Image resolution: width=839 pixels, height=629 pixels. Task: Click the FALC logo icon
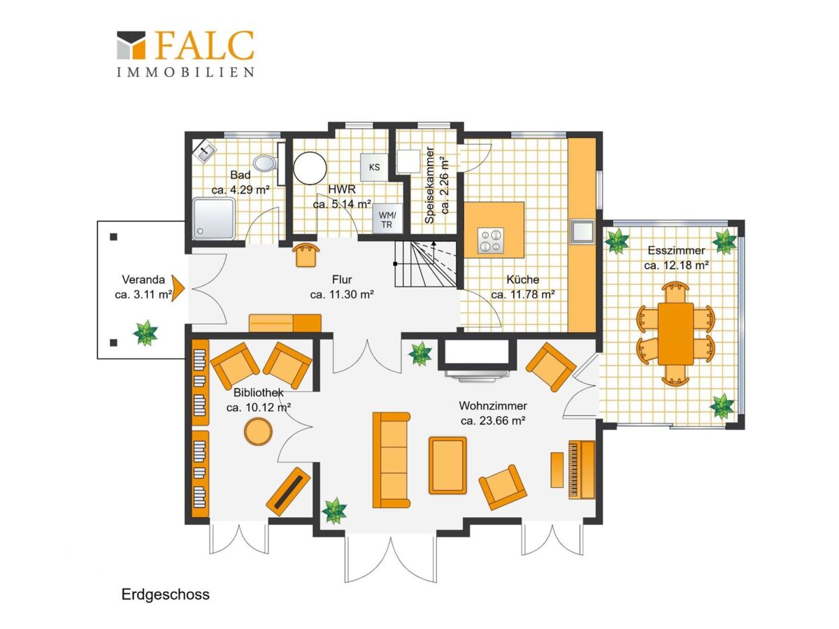131,45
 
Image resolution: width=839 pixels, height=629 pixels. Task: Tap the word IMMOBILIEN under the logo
185,72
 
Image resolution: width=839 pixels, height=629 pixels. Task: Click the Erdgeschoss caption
166,594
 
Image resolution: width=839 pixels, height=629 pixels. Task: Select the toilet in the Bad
265,163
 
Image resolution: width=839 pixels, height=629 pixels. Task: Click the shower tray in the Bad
214,219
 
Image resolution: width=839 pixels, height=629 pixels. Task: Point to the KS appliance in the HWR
375,167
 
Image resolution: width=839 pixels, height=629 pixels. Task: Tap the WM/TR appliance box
387,219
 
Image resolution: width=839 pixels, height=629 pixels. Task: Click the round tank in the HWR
310,168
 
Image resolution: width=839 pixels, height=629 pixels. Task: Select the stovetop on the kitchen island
490,240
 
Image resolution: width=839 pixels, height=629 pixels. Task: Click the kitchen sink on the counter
582,231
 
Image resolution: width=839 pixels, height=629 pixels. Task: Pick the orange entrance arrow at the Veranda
178,289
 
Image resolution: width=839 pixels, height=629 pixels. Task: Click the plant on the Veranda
145,333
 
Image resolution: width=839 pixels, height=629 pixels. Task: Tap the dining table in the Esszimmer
675,334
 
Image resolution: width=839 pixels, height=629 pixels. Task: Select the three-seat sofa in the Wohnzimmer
391,460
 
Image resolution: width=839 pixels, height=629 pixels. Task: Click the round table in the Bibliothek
259,431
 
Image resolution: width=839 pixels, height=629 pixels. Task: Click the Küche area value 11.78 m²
523,295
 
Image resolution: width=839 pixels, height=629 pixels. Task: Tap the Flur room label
342,280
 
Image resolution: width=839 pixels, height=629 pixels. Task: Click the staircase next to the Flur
426,263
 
